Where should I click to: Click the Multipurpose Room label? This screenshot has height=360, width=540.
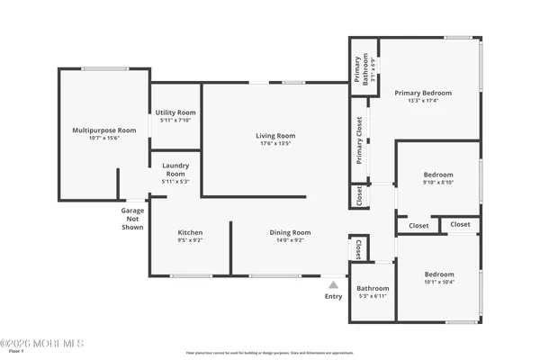pyautogui.click(x=104, y=130)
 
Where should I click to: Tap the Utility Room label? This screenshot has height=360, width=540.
pyautogui.click(x=175, y=112)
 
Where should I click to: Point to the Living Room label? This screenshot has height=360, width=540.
pyautogui.click(x=274, y=136)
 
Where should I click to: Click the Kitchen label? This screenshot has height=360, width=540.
pyautogui.click(x=189, y=232)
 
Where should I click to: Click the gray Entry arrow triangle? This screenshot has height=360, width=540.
pyautogui.click(x=333, y=284)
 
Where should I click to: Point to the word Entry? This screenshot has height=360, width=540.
pyautogui.click(x=333, y=296)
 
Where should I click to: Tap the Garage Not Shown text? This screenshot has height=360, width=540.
pyautogui.click(x=133, y=219)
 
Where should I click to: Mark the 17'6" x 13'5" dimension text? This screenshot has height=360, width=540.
pyautogui.click(x=274, y=144)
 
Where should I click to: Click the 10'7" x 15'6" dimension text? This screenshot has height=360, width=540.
pyautogui.click(x=104, y=139)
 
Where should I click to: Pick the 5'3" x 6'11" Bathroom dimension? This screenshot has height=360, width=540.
pyautogui.click(x=372, y=296)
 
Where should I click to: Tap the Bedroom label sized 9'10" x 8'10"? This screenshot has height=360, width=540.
pyautogui.click(x=438, y=175)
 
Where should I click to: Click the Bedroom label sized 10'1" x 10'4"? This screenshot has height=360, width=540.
pyautogui.click(x=439, y=274)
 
